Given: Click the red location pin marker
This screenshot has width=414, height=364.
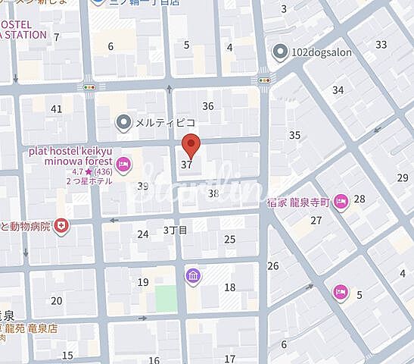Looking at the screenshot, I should pos(192,144).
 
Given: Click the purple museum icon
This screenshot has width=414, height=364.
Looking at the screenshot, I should pos(192,275).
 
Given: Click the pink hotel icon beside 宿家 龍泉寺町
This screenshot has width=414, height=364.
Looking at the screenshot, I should pos(341,201).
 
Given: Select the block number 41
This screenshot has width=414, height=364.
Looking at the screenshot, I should pos(56,108).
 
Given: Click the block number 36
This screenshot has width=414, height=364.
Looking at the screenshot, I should pos(207,106).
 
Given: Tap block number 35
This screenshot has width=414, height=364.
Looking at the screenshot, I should pos(294,135).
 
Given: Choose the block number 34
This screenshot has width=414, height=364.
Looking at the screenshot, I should pos(338,90).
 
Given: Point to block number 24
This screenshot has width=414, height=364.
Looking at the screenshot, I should pos(142,234).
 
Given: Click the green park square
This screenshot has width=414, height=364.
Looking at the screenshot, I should pos(166,298).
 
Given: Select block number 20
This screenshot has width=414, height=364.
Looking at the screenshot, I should pos(56,300).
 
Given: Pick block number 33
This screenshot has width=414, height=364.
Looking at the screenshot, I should pos(381,44).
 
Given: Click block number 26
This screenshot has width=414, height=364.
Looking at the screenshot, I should pos(273,265).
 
